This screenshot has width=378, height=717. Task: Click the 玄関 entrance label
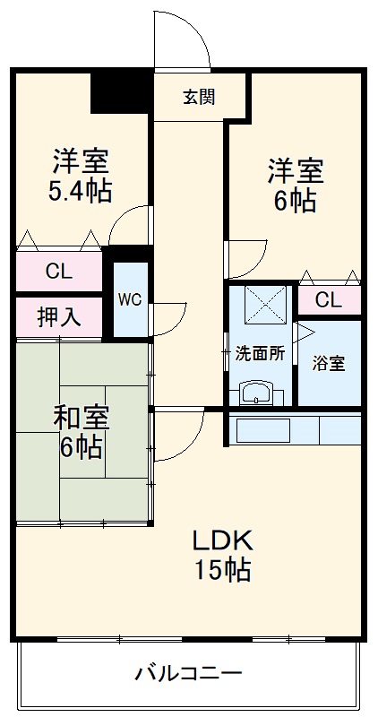coord(199,97)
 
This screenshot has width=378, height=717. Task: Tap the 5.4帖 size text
coord(80,192)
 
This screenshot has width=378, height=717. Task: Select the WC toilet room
coord(130,299)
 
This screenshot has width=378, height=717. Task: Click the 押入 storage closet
coord(58,317)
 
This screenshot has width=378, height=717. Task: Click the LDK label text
coord(223,542)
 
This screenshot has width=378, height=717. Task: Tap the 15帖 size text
coord(223,569)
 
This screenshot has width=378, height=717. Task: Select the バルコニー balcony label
coord(188,673)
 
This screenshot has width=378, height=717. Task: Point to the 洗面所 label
coord(260,353)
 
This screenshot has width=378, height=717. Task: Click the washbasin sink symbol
coord(256,393)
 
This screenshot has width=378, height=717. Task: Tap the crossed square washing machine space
coord(265,305)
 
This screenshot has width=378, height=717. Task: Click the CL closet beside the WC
coord(58,272)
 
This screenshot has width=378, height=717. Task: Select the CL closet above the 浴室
coord(329,300)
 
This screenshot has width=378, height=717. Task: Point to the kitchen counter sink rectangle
coord(263,430)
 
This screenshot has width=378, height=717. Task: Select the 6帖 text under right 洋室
coord(295,200)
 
